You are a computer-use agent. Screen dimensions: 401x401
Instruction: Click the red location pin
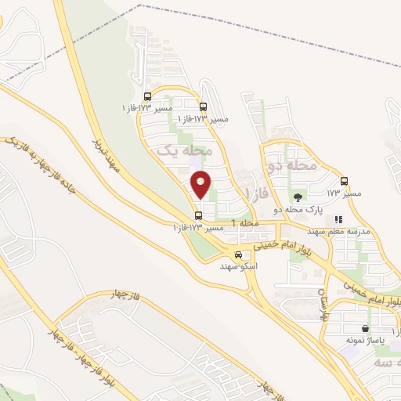(201, 185)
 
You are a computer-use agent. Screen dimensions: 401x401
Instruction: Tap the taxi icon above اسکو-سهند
(238, 254)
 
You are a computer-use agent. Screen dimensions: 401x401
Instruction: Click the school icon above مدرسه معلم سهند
(338, 221)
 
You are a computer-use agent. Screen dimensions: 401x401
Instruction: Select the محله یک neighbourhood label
(185, 148)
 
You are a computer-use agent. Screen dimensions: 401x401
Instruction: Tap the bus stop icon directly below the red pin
(198, 215)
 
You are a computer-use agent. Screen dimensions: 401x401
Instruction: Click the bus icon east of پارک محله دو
(344, 181)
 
